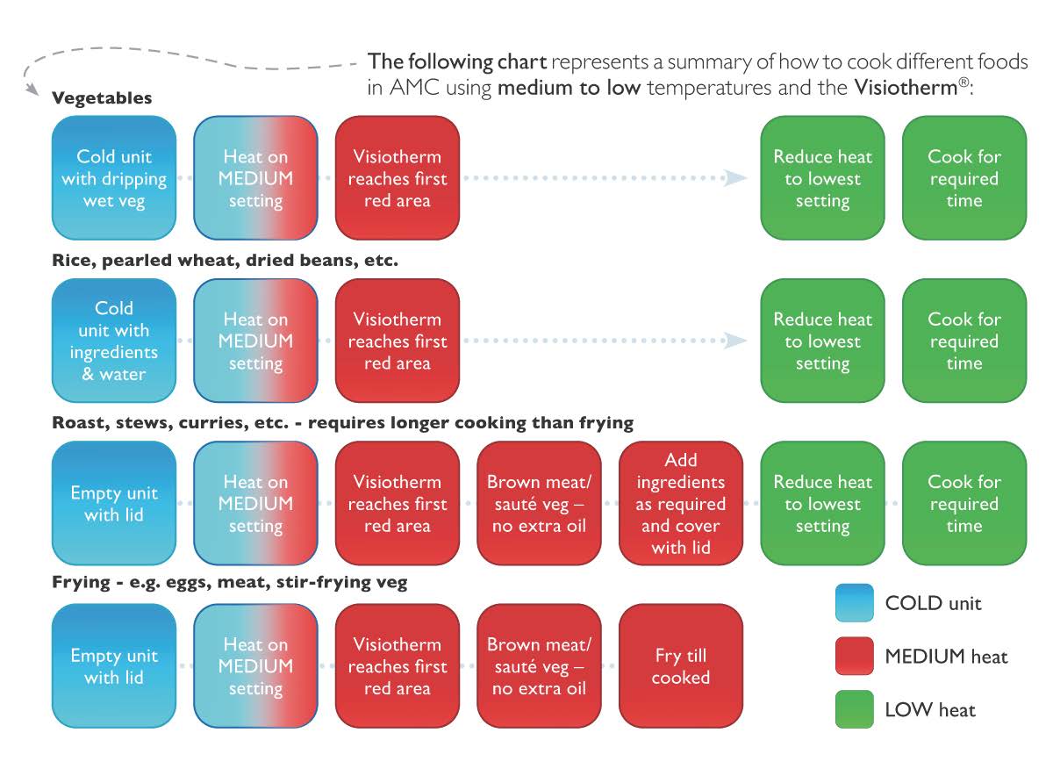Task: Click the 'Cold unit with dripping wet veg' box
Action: [x=114, y=178]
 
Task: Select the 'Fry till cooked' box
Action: [x=681, y=666]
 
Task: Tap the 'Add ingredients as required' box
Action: [x=681, y=503]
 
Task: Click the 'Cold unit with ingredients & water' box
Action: [x=114, y=341]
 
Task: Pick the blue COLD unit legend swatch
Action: [x=854, y=603]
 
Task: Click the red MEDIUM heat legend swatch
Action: [x=854, y=656]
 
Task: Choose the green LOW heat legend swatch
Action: [x=854, y=709]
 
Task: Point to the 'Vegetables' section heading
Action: [x=102, y=97]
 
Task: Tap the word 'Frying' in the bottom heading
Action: [x=82, y=582]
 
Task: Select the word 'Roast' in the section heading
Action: [x=81, y=423]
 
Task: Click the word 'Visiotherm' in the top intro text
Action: [x=906, y=88]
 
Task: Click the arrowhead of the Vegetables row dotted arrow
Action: [x=735, y=178]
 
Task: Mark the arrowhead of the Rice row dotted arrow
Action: [x=735, y=341]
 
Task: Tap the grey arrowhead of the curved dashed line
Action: [x=32, y=89]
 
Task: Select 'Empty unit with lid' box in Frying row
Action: [x=114, y=666]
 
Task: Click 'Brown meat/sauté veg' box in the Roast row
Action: [x=539, y=503]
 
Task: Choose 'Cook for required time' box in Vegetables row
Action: [x=964, y=178]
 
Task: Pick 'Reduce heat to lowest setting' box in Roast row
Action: [x=823, y=503]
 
